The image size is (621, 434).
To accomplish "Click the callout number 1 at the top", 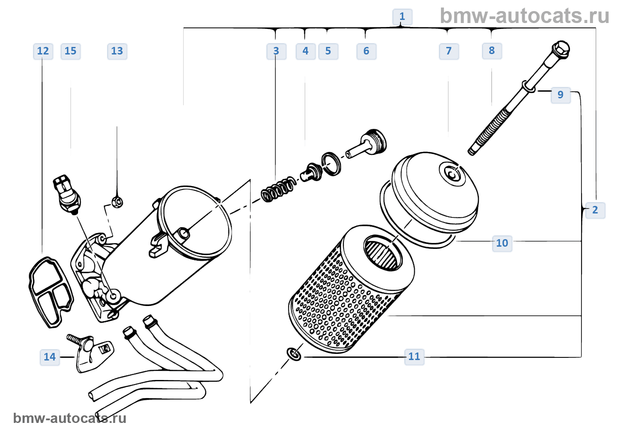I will (402, 17).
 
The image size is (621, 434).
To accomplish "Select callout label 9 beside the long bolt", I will (560, 95).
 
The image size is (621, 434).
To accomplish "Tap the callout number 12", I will (43, 51).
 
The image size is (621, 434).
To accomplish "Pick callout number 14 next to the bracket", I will (50, 357).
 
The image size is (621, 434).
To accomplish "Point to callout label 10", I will (502, 243).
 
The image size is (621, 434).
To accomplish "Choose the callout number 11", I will (414, 356).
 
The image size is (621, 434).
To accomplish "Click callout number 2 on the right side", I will (595, 210).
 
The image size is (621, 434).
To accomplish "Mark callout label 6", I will (366, 51).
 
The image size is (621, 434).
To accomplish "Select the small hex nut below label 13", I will (117, 202).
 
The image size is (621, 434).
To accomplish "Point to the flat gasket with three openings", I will (50, 291).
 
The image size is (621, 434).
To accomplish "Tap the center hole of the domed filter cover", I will (452, 174).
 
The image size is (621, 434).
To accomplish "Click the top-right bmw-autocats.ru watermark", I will (524, 16).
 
